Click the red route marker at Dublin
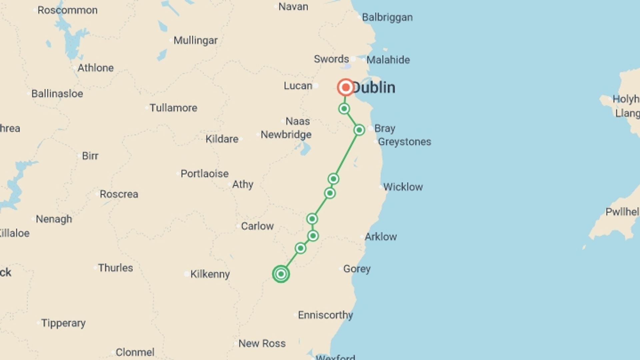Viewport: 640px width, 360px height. [346, 87]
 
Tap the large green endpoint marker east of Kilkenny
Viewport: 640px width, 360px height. [281, 274]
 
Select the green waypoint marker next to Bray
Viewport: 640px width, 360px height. [359, 130]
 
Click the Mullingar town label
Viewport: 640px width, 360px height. [195, 40]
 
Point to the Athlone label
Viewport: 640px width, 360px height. [95, 68]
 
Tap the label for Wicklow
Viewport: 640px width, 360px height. [403, 187]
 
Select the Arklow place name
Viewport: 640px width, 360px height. [380, 237]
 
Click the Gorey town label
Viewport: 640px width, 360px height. [357, 269]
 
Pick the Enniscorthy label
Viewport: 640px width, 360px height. [325, 315]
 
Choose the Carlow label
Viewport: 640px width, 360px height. [257, 226]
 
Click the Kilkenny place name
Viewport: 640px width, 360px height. [210, 274]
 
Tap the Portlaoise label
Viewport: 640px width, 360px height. [204, 174]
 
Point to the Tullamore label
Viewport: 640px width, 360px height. [173, 108]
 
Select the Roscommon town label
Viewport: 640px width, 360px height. [67, 10]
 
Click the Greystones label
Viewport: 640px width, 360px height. [404, 142]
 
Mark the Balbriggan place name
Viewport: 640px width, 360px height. [387, 17]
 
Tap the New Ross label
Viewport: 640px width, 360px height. [262, 343]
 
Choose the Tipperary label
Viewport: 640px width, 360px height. [63, 323]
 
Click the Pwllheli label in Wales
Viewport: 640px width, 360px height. [622, 212]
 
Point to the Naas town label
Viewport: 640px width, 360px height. [297, 121]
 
